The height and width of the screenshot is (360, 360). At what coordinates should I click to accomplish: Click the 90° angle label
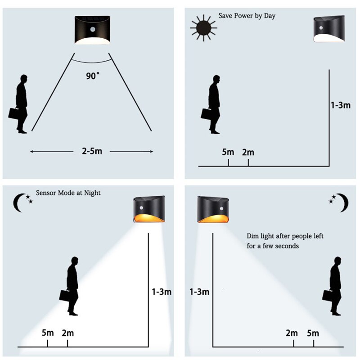(93, 76)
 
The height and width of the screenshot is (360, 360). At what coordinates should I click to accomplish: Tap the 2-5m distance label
(92, 151)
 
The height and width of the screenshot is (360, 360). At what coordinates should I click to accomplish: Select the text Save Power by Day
(247, 16)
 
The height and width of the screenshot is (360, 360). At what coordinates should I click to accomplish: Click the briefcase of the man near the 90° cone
(14, 112)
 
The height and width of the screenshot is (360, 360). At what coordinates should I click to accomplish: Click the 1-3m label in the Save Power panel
(340, 105)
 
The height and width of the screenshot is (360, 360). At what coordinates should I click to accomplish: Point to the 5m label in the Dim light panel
(312, 333)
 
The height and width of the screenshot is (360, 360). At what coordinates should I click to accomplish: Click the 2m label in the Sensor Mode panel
(67, 333)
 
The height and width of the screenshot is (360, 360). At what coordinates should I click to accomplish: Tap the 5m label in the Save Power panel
(228, 152)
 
